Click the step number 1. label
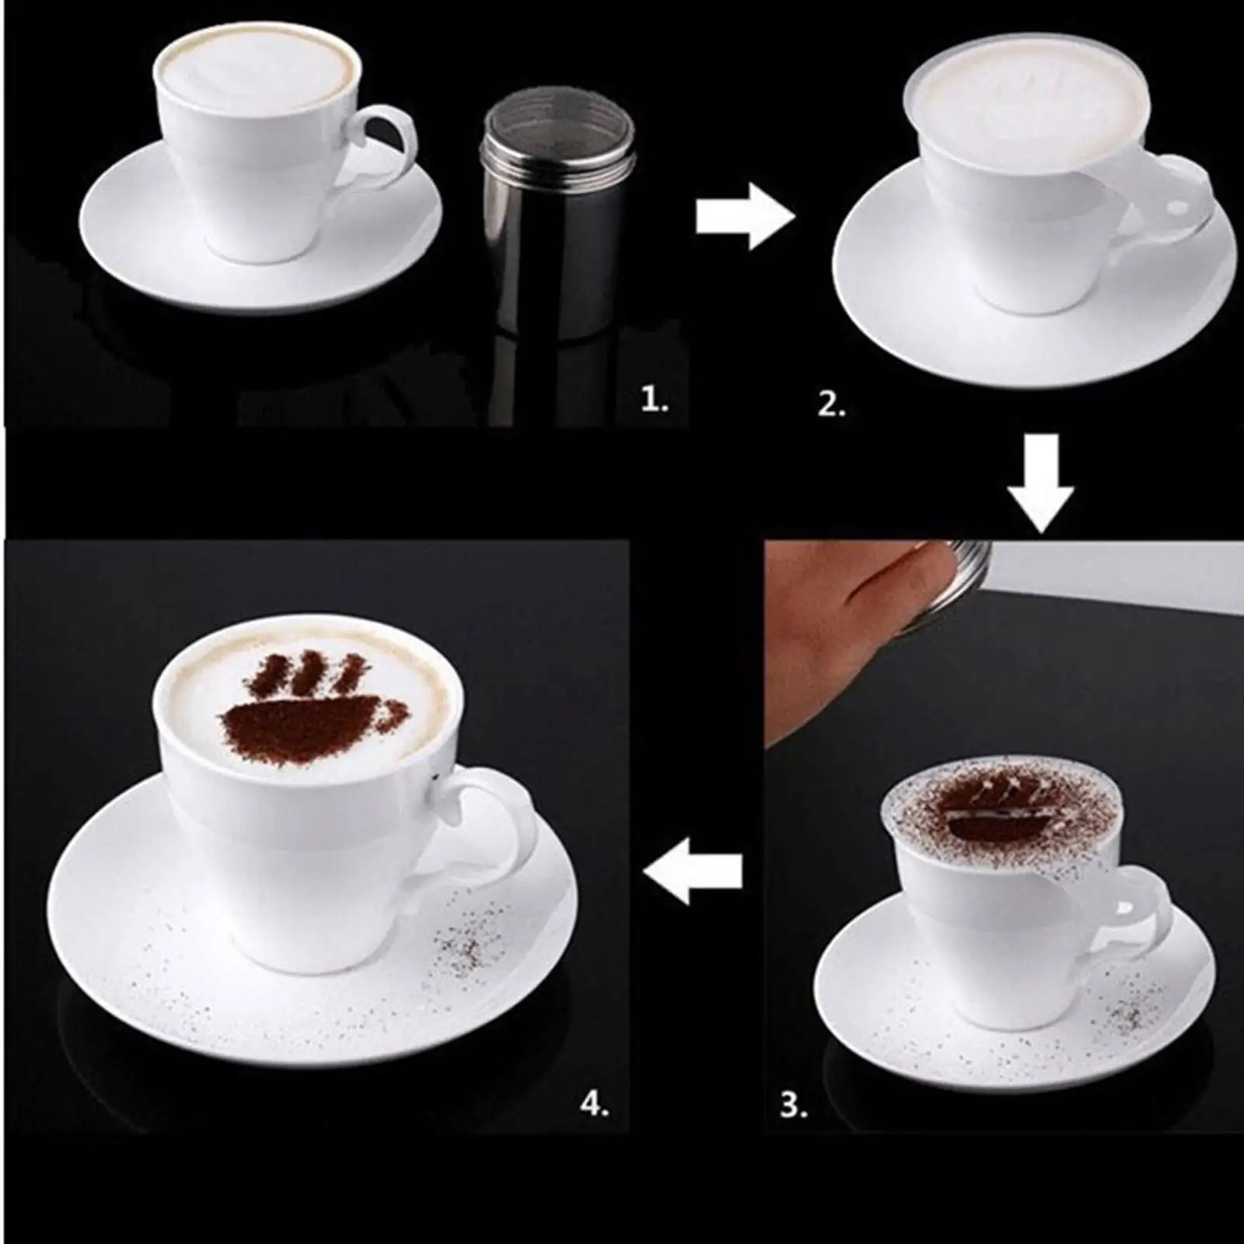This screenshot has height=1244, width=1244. [654, 402]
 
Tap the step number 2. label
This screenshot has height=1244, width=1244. [830, 405]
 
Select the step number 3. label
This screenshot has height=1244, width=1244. [793, 1105]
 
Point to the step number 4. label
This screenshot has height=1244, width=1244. [594, 1105]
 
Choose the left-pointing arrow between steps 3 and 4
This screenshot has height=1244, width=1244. [694, 870]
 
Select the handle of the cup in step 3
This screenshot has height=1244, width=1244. [1143, 902]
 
